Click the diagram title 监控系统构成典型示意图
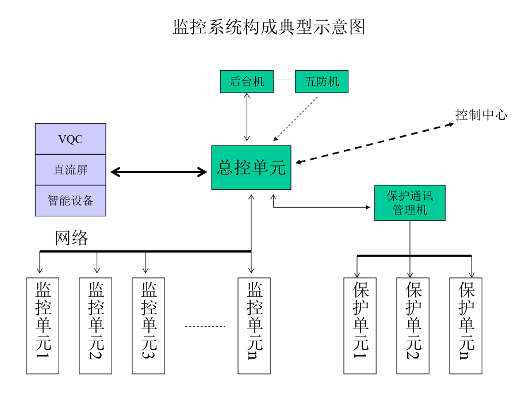pyautogui.click(x=269, y=27)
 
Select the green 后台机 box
pyautogui.click(x=247, y=81)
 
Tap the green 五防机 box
pyautogui.click(x=321, y=81)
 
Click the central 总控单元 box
pyautogui.click(x=251, y=167)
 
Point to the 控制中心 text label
pyautogui.click(x=481, y=114)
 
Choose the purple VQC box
pyautogui.click(x=71, y=139)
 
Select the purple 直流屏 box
pyautogui.click(x=71, y=170)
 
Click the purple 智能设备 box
pyautogui.click(x=71, y=201)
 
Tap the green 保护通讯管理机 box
pyautogui.click(x=409, y=203)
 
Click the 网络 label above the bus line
pyautogui.click(x=72, y=238)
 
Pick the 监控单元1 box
pyautogui.click(x=43, y=326)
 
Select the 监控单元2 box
pyautogui.click(x=95, y=326)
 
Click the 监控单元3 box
pyautogui.click(x=148, y=326)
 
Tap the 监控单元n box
pyautogui.click(x=254, y=326)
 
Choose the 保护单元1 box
pyautogui.click(x=360, y=326)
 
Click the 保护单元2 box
pyautogui.click(x=413, y=326)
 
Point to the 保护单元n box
pyautogui.click(x=466, y=326)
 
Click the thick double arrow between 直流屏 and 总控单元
pyautogui.click(x=159, y=171)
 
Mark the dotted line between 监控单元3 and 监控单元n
pyautogui.click(x=205, y=326)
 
